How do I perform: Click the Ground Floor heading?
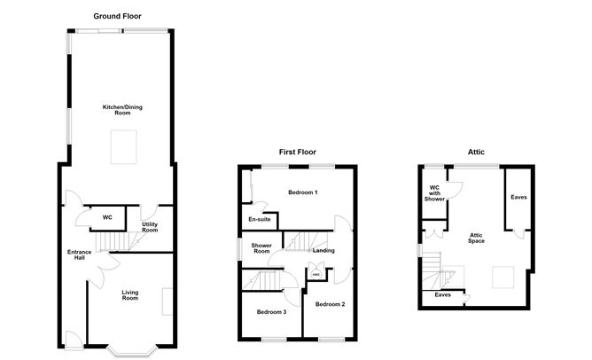117,16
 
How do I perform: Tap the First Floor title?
298,152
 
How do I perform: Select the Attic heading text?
476,152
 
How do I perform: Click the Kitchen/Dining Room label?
122,110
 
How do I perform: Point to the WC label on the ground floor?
107,217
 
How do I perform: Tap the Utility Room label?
150,227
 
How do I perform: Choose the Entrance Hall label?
79,254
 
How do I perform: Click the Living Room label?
130,295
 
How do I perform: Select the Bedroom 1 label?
303,192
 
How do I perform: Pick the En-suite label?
260,219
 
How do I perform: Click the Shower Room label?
261,248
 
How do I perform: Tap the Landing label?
323,250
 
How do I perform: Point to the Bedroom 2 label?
330,304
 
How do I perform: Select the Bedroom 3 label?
271,312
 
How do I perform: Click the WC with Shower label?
434,193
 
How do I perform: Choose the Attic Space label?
476,238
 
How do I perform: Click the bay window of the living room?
131,352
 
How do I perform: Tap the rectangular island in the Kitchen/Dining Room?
123,147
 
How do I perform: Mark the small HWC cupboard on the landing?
316,274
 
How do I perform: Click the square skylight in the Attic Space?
502,278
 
